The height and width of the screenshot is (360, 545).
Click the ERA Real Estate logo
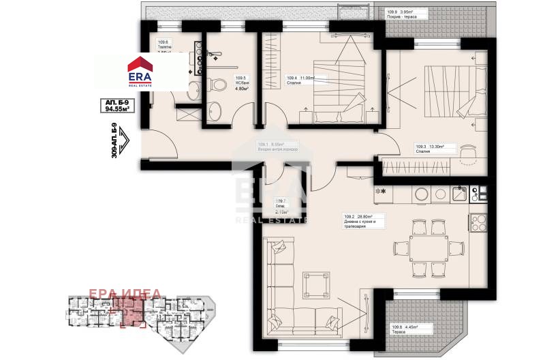point(142,72)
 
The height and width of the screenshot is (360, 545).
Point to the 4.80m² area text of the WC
point(242,88)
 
